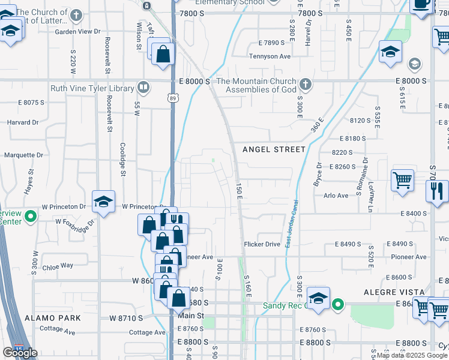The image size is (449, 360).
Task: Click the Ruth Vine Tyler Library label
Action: [x=92, y=88]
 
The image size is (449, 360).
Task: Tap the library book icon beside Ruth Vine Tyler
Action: [x=143, y=88]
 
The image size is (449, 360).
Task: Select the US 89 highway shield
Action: [x=172, y=98]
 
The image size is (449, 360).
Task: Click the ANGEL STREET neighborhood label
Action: [x=274, y=149]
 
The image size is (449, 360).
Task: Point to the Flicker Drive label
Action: [x=262, y=244]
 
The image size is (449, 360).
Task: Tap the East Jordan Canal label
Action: [x=291, y=226]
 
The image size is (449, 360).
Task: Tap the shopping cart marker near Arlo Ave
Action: [x=402, y=179]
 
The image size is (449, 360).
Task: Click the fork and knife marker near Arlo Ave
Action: [x=437, y=191]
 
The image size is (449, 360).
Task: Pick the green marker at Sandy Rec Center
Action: [x=338, y=305]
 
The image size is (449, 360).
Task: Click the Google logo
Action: [x=20, y=353]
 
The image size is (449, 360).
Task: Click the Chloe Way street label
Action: [x=58, y=265]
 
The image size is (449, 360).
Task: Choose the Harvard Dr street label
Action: [x=23, y=122]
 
